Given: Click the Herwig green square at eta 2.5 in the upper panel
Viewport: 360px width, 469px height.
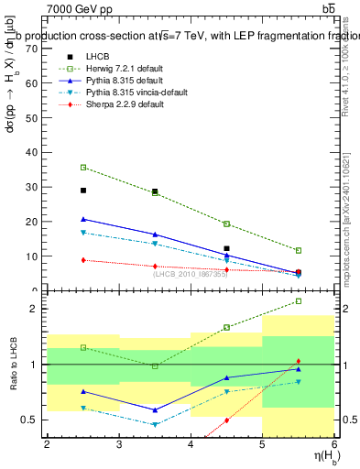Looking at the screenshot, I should click(x=83, y=168).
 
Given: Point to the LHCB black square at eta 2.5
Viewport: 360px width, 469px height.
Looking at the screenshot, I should click(x=83, y=191).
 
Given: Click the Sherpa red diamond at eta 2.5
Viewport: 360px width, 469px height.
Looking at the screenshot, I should click(x=83, y=260).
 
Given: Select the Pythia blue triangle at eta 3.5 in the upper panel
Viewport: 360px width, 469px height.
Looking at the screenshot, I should click(x=155, y=234).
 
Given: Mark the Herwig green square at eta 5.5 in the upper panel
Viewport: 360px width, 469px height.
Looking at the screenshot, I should click(x=299, y=250).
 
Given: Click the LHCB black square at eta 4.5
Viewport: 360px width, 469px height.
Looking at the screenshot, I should click(x=227, y=248).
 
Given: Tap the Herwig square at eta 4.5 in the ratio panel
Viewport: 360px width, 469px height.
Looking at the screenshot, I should click(x=227, y=327).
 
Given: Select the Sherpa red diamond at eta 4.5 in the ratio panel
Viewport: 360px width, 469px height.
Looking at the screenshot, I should click(x=227, y=420).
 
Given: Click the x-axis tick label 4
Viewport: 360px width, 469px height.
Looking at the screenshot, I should click(x=191, y=444).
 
